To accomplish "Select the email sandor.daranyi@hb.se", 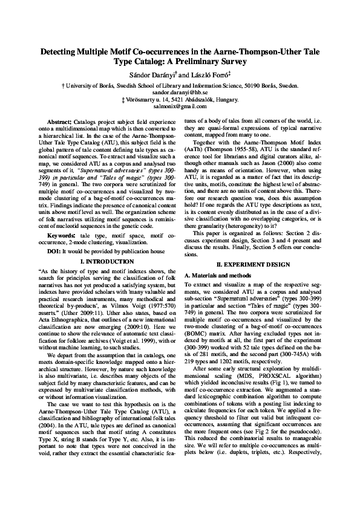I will (180, 92).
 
